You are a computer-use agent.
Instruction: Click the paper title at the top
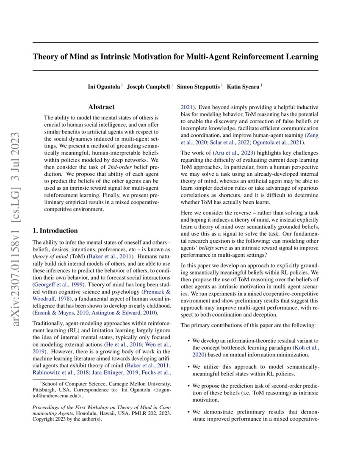[175, 56]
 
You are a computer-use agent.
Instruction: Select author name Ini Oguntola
[104, 86]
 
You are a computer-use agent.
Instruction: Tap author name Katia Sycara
[244, 86]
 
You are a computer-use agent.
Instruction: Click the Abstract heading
[101, 107]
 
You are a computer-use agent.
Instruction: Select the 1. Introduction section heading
[55, 230]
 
